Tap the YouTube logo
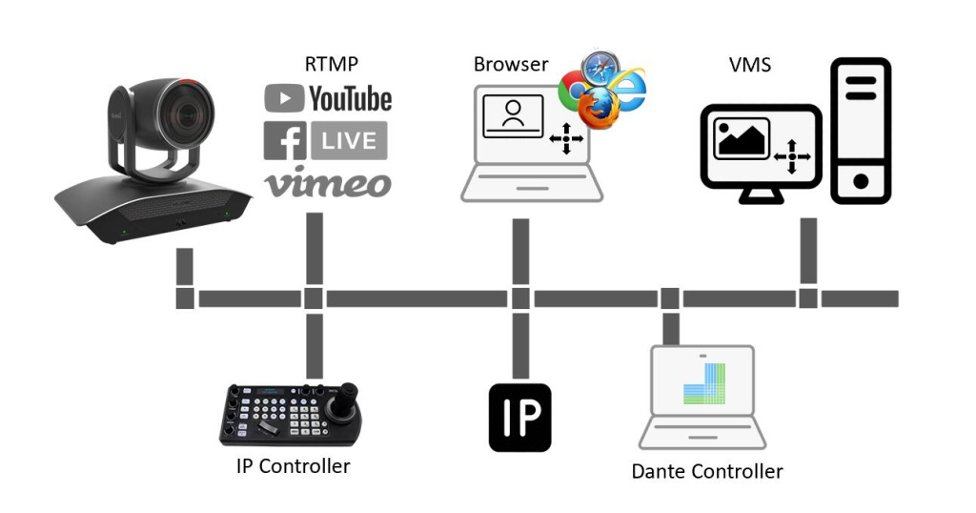(328, 98)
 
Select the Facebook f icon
(284, 140)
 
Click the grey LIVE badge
(349, 140)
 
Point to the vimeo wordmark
(328, 181)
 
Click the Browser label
(511, 65)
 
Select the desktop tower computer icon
(861, 131)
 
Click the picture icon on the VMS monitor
(741, 139)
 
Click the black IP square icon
(519, 418)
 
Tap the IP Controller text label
(293, 466)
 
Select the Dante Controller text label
(707, 471)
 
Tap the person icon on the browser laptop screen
(513, 115)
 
